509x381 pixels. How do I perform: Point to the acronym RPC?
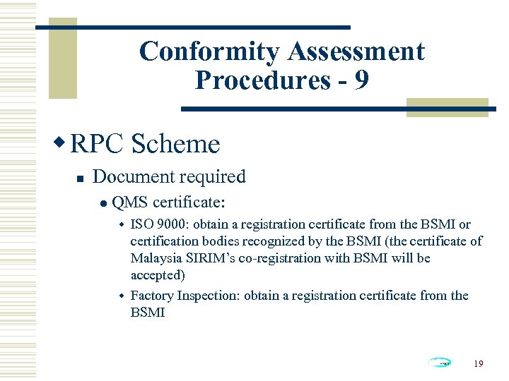pos(97,144)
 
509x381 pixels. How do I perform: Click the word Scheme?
pos(175,144)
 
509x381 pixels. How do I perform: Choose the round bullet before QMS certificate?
pos(103,203)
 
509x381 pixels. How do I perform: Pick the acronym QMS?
pos(129,202)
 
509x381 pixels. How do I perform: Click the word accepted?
pos(157,275)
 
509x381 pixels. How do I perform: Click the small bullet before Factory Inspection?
pos(121,295)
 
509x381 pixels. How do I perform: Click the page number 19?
pos(479,363)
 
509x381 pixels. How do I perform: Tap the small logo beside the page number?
pos(440,363)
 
